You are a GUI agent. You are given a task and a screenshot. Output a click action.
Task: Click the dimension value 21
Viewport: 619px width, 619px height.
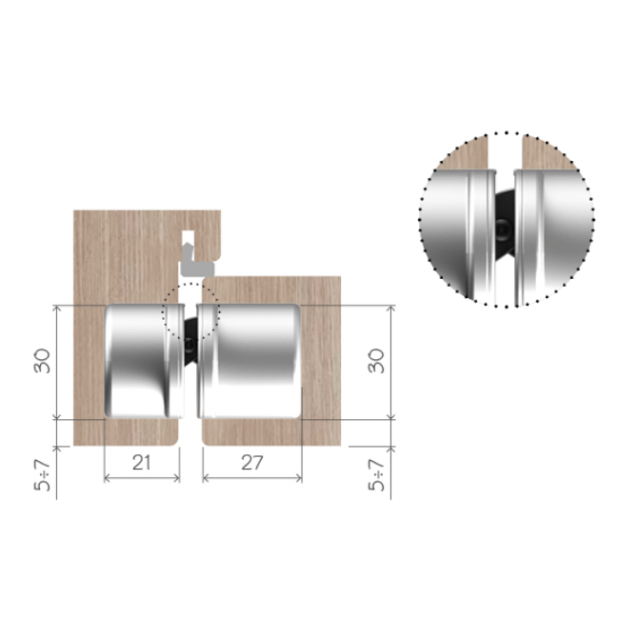tap(141, 462)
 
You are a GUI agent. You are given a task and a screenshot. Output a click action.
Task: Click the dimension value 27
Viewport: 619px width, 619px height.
tap(252, 462)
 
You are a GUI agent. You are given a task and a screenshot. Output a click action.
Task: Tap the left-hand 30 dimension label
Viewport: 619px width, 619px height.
tap(43, 361)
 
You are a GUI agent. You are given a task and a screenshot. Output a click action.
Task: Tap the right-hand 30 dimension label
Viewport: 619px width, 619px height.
tap(376, 361)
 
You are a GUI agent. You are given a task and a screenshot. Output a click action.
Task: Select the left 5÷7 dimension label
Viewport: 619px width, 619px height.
tap(43, 475)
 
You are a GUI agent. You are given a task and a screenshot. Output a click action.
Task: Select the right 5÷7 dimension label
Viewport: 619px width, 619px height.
tap(376, 475)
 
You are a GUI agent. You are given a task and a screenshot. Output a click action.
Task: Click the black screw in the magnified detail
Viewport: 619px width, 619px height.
tap(504, 229)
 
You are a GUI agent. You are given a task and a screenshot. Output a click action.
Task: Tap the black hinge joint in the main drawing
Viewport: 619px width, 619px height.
tap(190, 342)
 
